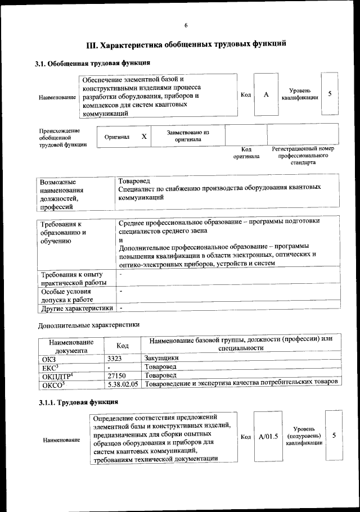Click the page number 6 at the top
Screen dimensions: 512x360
tap(185, 25)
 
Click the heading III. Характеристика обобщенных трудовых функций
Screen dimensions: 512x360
tap(186, 44)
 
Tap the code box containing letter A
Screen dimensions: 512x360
tap(265, 94)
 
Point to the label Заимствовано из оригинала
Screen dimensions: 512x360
tap(188, 136)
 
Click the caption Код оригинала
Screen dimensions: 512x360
tap(246, 152)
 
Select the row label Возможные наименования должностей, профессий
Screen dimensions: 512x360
tap(64, 194)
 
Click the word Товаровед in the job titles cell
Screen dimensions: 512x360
tap(134, 182)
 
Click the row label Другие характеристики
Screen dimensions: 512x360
tap(76, 308)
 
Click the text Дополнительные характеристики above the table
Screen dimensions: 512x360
tap(88, 325)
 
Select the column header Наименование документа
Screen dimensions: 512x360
tap(71, 346)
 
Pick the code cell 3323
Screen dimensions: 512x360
tap(114, 357)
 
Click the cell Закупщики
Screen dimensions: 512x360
tap(161, 357)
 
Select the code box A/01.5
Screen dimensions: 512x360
tap(268, 436)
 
